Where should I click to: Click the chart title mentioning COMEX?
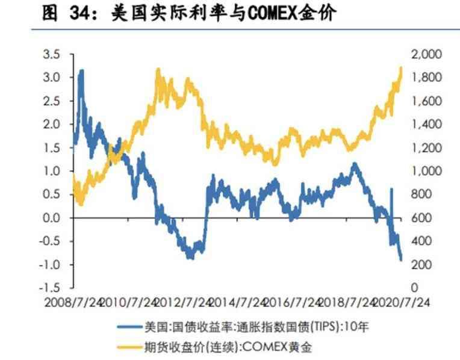(x=187, y=14)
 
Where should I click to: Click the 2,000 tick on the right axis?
(x=426, y=55)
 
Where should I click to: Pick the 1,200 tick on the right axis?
(x=426, y=148)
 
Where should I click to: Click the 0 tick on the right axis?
(x=414, y=288)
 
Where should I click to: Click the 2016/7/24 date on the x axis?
(x=296, y=301)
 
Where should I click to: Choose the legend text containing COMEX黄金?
(x=229, y=347)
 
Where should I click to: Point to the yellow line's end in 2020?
(x=401, y=67)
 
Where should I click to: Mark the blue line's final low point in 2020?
(x=401, y=259)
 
